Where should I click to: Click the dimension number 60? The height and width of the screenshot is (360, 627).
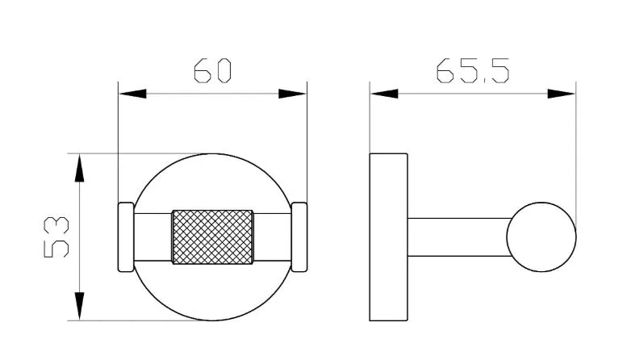pos(212,71)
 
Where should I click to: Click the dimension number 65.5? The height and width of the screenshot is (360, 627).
pos(472,71)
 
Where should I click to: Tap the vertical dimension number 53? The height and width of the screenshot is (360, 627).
pos(56,237)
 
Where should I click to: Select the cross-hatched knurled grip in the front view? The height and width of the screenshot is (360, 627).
pos(212,237)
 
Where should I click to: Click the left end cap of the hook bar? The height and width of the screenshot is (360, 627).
pos(126,237)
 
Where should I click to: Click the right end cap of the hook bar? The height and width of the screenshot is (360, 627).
pos(299,237)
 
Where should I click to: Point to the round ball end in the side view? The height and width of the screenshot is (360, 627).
pos(541,237)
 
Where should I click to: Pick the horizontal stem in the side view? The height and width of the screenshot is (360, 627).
pos(459,237)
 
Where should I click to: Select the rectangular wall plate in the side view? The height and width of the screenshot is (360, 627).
pos(388,237)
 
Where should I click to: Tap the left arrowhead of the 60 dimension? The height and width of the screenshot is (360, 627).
pos(132,94)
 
